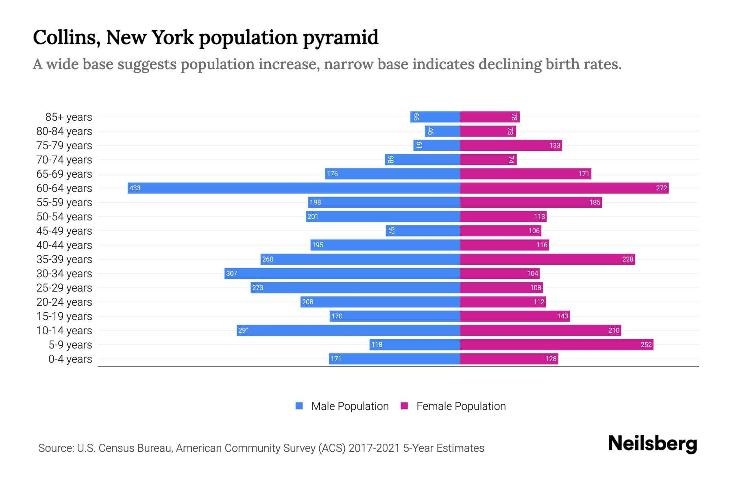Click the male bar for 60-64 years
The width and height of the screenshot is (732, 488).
(x=294, y=188)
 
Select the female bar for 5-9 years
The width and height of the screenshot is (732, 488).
(x=556, y=344)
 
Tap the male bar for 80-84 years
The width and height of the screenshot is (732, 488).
(x=442, y=131)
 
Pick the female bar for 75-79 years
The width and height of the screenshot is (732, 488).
(x=511, y=145)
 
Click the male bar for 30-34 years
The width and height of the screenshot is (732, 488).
(x=342, y=273)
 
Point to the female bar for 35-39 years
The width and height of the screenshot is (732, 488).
(x=547, y=259)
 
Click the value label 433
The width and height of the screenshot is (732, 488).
(x=135, y=188)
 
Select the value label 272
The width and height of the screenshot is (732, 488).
(x=661, y=188)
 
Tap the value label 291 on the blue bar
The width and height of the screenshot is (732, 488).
(x=244, y=330)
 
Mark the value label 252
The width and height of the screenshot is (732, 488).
(x=646, y=344)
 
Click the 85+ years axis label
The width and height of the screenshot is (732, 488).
(x=68, y=117)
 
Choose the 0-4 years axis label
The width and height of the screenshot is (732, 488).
(x=70, y=359)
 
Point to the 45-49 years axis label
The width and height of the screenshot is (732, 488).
(x=64, y=231)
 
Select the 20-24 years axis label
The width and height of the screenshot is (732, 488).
(x=64, y=302)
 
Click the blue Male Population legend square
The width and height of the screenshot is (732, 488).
(x=299, y=406)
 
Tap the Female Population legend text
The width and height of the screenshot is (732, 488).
(x=461, y=406)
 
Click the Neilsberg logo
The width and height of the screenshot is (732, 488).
(x=652, y=443)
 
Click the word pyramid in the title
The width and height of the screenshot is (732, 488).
(x=340, y=37)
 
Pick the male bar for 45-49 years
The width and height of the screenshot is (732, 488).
(x=423, y=231)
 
